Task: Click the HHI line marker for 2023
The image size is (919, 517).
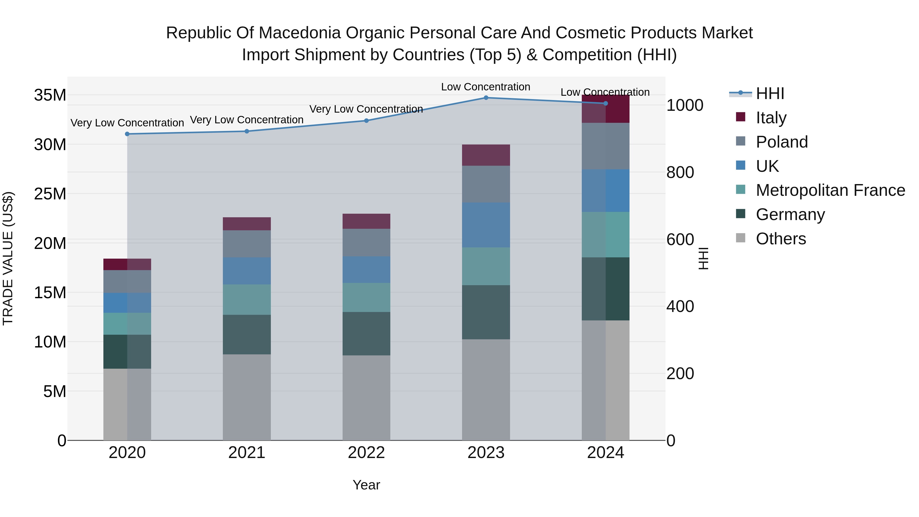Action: click(486, 98)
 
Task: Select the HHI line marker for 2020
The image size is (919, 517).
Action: click(127, 134)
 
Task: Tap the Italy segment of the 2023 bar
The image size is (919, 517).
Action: click(486, 155)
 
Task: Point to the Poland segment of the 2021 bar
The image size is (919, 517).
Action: click(247, 244)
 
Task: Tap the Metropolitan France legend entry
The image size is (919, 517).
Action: click(830, 190)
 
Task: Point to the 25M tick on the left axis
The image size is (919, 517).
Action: click(50, 194)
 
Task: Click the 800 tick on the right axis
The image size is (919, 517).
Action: click(680, 172)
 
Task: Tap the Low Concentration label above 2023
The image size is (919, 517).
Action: click(486, 87)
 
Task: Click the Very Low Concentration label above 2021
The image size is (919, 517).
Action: click(247, 120)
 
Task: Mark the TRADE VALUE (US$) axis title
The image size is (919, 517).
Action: click(8, 258)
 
